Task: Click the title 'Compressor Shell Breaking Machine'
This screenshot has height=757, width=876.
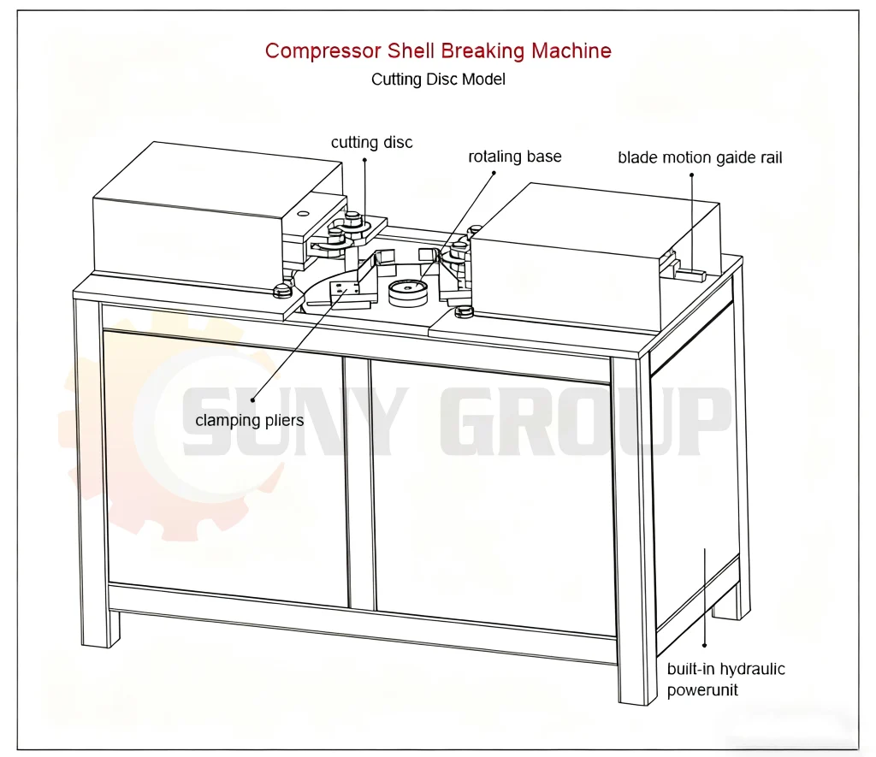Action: (x=438, y=50)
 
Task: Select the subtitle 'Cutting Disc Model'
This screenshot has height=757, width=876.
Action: (x=438, y=80)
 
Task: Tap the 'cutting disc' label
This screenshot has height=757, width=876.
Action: (x=371, y=143)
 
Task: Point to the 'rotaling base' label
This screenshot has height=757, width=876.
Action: (x=514, y=157)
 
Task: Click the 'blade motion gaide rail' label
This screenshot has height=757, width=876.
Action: (x=700, y=158)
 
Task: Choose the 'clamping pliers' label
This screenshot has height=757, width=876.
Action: (x=249, y=421)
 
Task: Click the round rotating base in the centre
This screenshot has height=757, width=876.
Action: (x=408, y=292)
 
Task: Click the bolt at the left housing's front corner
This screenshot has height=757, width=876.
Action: (x=280, y=290)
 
